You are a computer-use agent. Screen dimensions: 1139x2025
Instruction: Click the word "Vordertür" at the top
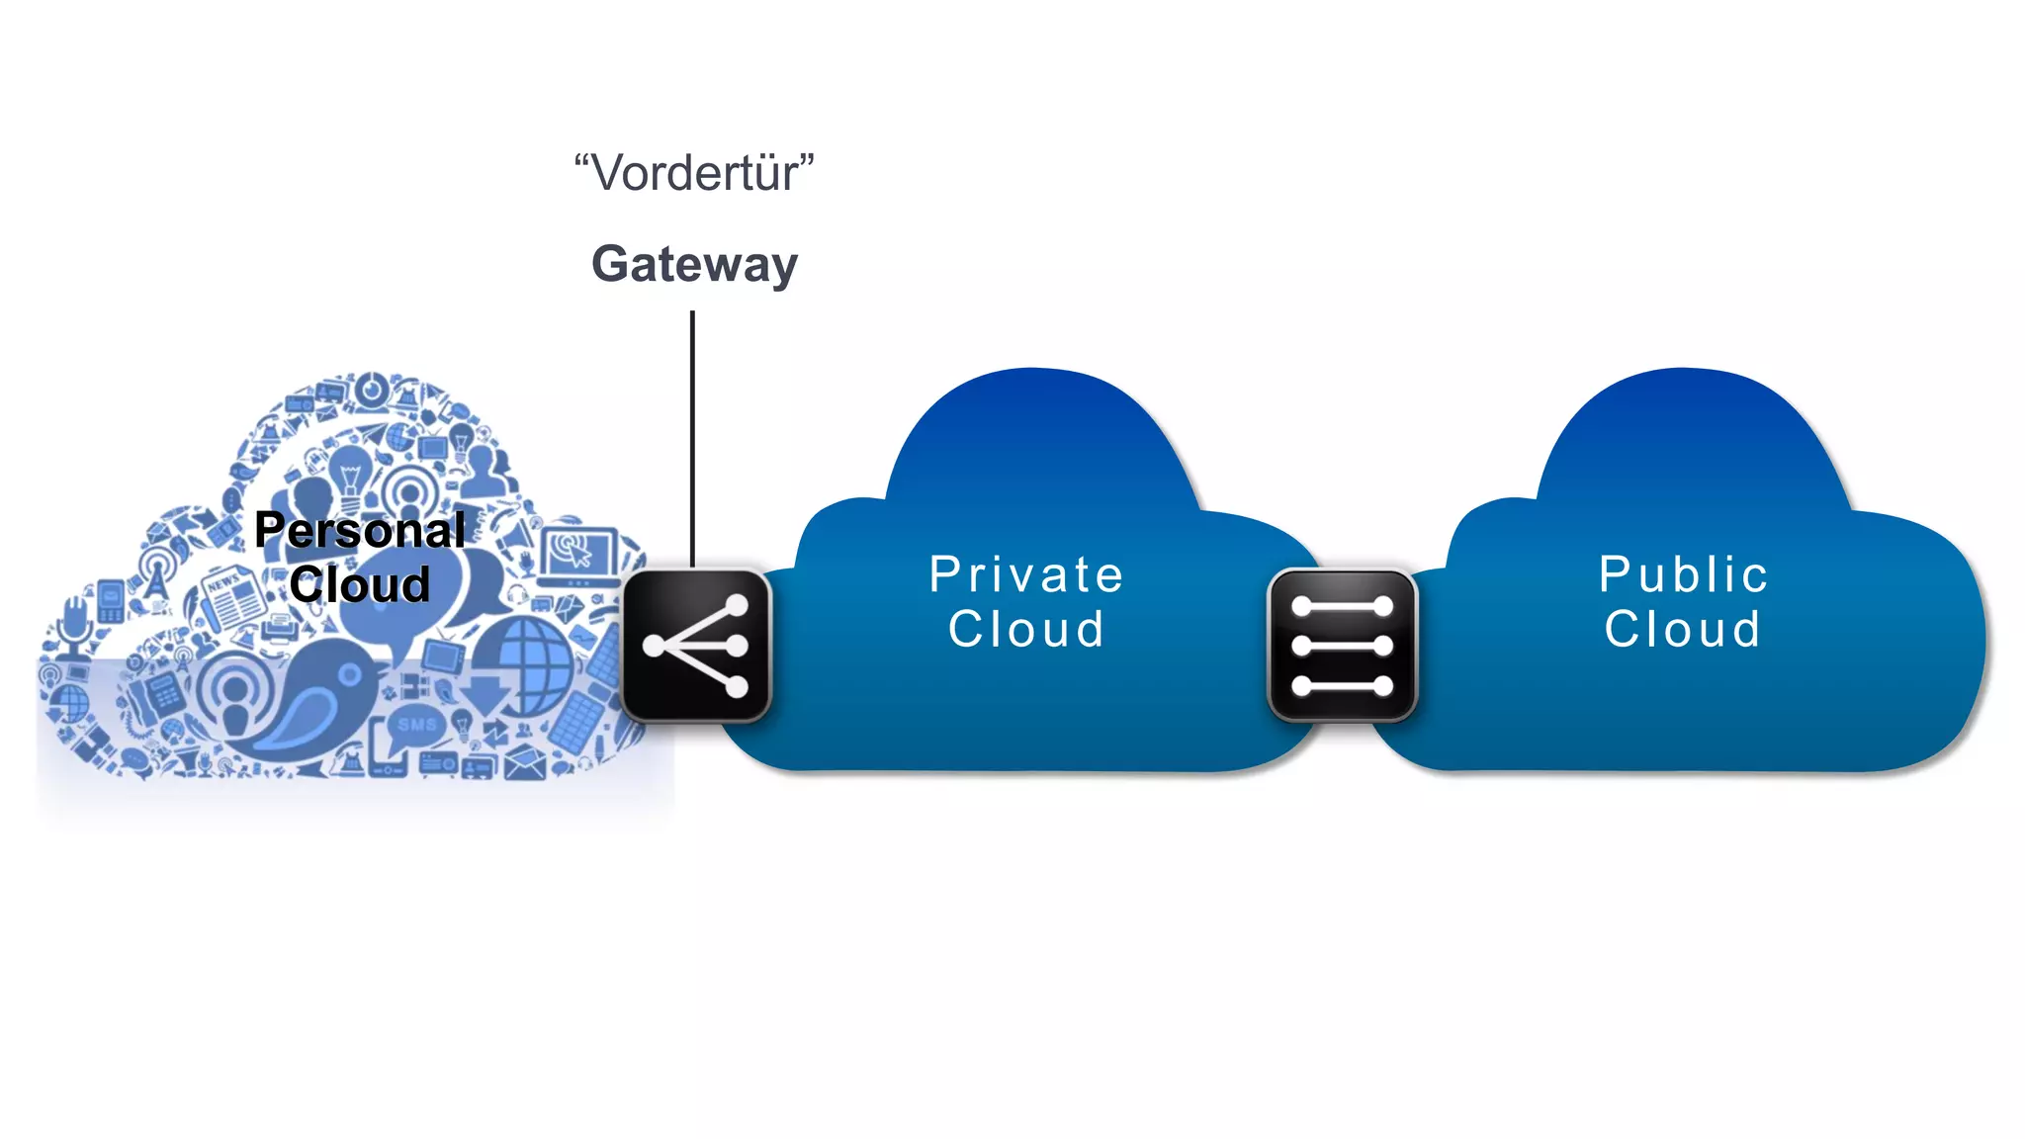click(694, 173)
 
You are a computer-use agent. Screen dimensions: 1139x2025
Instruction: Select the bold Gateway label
click(694, 264)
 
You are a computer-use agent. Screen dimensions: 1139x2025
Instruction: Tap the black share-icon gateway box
click(696, 645)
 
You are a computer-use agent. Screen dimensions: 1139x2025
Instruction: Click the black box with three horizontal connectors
click(1342, 645)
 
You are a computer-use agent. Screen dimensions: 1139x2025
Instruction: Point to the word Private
click(1026, 574)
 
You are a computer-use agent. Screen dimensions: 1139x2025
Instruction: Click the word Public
click(1683, 574)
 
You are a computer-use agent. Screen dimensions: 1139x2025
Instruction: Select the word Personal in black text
click(360, 530)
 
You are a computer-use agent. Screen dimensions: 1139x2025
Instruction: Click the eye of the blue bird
click(349, 675)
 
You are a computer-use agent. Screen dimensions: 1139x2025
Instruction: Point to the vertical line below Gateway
click(692, 435)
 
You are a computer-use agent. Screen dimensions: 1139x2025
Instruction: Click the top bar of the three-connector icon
click(1342, 606)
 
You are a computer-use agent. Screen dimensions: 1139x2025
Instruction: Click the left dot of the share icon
click(654, 646)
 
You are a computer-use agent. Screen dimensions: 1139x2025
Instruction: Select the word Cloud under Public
click(1683, 629)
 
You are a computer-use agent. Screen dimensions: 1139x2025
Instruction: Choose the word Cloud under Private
click(1026, 629)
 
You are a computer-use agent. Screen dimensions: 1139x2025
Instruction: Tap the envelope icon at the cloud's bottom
click(525, 762)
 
